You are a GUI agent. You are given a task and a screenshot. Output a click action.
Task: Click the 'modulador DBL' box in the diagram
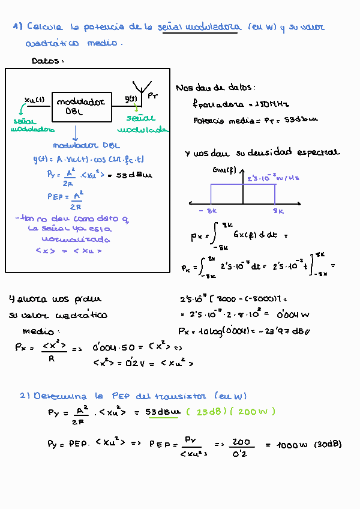pos(81,107)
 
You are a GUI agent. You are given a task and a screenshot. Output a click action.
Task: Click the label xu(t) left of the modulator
pos(34,100)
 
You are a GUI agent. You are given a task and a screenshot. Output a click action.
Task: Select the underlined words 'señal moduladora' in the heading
pos(200,28)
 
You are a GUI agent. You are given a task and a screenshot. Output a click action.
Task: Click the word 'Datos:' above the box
pos(47,61)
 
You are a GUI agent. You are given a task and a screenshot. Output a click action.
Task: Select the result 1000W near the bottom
pos(292,445)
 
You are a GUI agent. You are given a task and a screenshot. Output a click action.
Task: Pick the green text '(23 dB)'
pos(206,411)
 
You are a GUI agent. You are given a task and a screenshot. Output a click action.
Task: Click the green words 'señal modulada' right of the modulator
pos(142,124)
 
